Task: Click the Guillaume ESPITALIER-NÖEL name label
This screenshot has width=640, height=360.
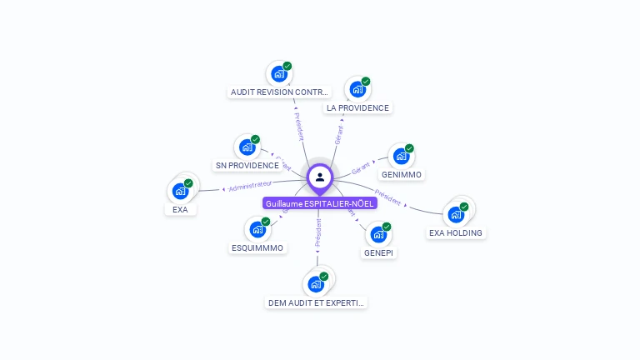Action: click(x=320, y=203)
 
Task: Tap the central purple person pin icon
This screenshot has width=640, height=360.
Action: click(x=320, y=177)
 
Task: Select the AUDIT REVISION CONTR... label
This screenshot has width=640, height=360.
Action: click(x=280, y=92)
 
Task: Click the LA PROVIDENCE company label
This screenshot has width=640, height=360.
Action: click(x=357, y=107)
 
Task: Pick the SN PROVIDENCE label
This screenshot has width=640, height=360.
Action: click(x=247, y=165)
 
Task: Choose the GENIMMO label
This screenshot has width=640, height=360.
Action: click(x=402, y=175)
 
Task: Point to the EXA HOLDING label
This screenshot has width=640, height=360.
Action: click(x=455, y=232)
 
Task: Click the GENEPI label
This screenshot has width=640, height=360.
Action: click(x=379, y=252)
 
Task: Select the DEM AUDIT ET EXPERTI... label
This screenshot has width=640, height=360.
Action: click(x=316, y=302)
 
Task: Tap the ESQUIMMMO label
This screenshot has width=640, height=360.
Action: click(x=257, y=247)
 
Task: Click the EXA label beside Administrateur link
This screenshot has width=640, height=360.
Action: click(x=180, y=209)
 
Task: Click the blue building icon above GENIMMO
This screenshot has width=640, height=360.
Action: click(x=402, y=156)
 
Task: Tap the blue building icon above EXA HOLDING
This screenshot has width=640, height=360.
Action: click(x=456, y=214)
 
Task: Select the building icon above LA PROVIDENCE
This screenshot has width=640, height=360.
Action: click(x=357, y=89)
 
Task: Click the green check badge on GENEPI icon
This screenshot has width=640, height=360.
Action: click(x=387, y=227)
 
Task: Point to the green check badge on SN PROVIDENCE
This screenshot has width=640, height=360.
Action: click(x=255, y=139)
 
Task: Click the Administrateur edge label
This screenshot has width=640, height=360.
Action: click(x=250, y=184)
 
